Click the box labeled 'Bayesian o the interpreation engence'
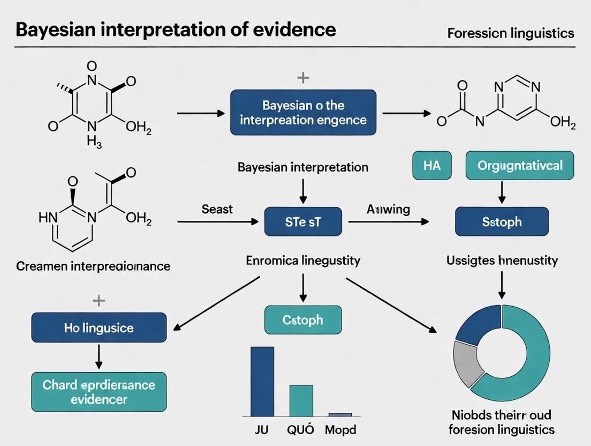point(303,112)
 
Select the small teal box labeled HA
point(431,165)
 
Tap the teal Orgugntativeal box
point(519,165)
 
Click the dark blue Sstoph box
point(502,221)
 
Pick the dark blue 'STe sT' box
point(303,221)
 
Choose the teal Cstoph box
point(303,320)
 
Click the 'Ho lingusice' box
point(99,328)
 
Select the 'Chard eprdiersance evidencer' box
point(99,392)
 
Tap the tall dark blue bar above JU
point(262,381)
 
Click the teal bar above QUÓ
point(301,400)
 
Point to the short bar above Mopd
point(340,414)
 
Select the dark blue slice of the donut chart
point(471,326)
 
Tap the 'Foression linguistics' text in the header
point(510,33)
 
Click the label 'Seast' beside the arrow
point(217,209)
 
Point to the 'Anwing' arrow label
point(388,209)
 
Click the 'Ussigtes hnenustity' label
point(502,261)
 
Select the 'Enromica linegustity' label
point(303,261)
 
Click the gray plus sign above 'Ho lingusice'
point(99,301)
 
